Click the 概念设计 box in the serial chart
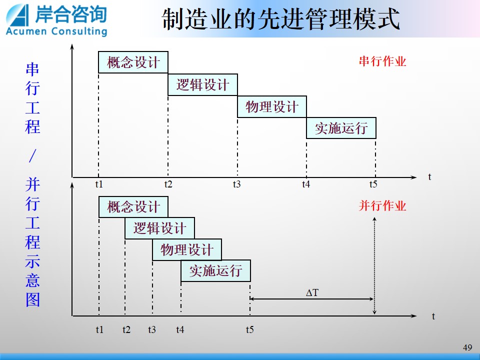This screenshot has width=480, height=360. (x=133, y=62)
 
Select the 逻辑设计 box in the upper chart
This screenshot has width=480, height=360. (x=202, y=84)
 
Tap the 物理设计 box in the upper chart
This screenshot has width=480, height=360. (x=272, y=106)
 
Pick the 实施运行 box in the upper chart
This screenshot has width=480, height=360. (x=341, y=128)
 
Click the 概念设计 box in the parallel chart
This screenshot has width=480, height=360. (x=133, y=207)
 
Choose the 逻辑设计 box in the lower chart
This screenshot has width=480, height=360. (x=160, y=228)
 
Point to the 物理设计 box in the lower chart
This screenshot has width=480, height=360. (x=187, y=249)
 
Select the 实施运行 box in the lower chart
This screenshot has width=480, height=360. (x=216, y=270)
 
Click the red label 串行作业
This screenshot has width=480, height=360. (x=382, y=61)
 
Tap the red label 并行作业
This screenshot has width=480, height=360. (x=382, y=205)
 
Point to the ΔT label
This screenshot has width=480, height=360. (x=312, y=292)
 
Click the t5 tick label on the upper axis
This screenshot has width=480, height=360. (x=373, y=184)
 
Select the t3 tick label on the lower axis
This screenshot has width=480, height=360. (x=152, y=329)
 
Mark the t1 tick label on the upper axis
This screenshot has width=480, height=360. (x=99, y=184)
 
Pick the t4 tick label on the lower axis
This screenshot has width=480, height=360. (x=180, y=329)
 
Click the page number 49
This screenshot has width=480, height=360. (x=467, y=347)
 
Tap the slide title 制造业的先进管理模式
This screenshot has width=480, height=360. (x=280, y=19)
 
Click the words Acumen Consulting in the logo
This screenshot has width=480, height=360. (x=56, y=31)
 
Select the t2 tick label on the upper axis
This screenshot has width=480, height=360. (x=168, y=184)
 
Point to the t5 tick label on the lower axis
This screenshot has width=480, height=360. (x=250, y=329)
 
